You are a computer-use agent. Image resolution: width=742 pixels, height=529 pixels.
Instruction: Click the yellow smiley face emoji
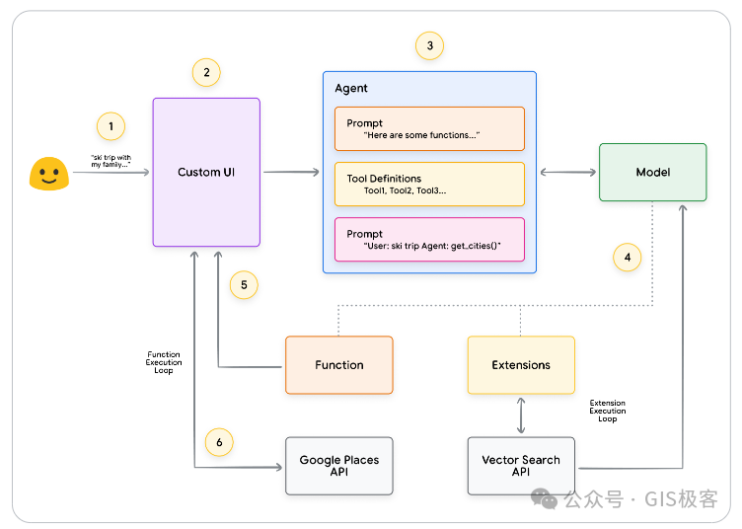tap(49, 174)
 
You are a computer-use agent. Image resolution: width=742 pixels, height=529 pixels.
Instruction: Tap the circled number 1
tap(111, 126)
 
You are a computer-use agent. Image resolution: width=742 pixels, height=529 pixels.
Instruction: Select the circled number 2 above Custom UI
tap(206, 72)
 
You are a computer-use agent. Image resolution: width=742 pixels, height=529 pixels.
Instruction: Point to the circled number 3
tap(429, 45)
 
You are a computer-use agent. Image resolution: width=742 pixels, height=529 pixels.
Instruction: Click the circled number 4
tap(627, 258)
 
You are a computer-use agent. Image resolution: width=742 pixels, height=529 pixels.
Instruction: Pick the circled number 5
tap(244, 285)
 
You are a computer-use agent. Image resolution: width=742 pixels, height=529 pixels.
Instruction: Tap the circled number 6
tap(219, 442)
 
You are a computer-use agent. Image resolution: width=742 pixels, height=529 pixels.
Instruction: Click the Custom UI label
tap(206, 173)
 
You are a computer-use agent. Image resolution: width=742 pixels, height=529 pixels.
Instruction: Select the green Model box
tap(653, 173)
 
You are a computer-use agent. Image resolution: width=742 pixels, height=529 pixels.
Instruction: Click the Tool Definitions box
tap(429, 184)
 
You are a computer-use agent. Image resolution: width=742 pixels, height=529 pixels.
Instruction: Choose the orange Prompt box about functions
tap(429, 128)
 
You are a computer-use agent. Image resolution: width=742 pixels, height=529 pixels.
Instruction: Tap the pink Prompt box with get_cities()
tap(429, 240)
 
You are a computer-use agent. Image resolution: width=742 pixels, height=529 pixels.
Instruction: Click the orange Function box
tap(339, 365)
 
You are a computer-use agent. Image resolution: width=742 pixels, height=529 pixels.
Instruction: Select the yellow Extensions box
tap(521, 365)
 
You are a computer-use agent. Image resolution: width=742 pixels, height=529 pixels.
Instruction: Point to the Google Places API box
tap(339, 466)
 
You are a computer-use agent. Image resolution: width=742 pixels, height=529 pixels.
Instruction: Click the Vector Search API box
tap(521, 466)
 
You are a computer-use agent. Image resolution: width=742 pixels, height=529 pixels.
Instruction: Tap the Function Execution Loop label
tap(164, 362)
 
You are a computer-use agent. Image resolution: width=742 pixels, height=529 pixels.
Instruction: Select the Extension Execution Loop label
tap(608, 411)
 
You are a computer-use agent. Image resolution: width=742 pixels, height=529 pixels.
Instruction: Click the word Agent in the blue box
tap(351, 89)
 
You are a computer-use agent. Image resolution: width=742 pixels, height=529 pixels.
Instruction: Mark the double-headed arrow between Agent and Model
tap(568, 173)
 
